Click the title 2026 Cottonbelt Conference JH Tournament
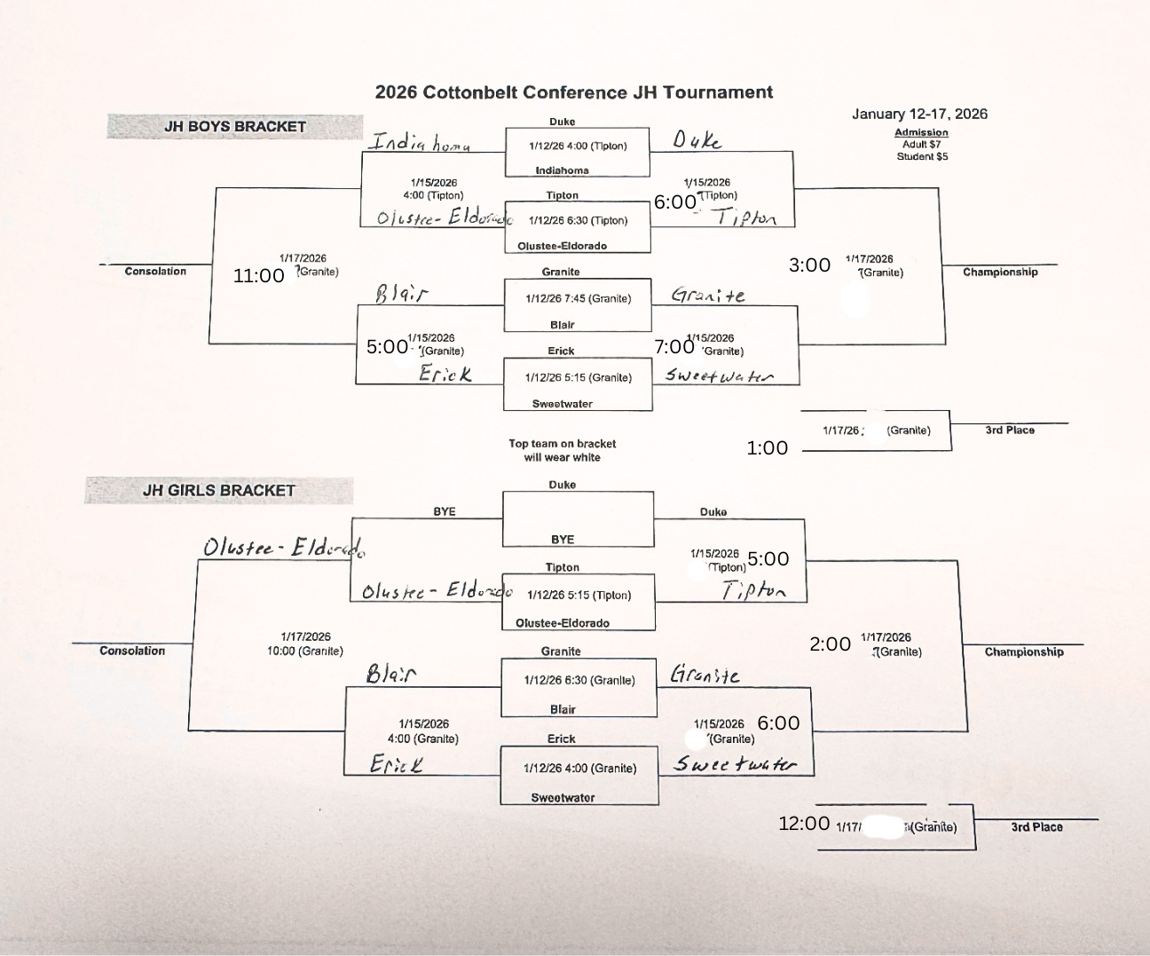coord(573,92)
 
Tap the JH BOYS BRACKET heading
coord(234,127)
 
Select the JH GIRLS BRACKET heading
coord(218,490)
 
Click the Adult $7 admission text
coord(921,144)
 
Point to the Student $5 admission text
coord(921,156)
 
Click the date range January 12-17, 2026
coord(919,114)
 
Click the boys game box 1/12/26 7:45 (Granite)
coord(578,298)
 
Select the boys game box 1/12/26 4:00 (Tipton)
coord(578,146)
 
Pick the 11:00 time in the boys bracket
coord(258,276)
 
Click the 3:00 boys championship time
coord(809,265)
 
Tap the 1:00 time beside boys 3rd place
coord(767,448)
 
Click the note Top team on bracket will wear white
coord(562,450)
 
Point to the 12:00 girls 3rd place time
coord(804,824)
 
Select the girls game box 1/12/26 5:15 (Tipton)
coord(579,595)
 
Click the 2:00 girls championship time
coord(830,644)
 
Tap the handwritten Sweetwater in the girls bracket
coord(735,763)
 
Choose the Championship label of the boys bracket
coord(1000,273)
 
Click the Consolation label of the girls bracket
coord(132,651)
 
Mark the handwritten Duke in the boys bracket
coord(697,140)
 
